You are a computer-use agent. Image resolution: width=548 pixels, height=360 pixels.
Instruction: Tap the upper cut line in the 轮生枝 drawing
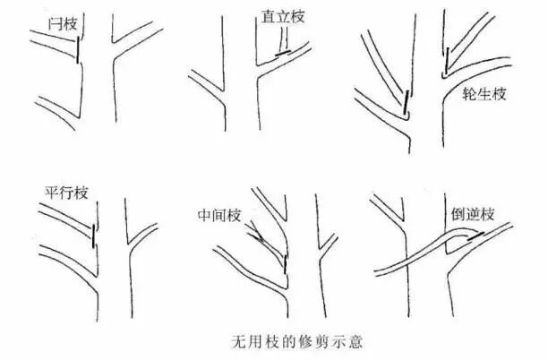[445, 61]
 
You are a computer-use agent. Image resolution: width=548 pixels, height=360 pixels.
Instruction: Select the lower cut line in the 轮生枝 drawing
[407, 104]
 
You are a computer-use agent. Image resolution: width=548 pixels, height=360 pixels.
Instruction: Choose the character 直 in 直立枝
[266, 17]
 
